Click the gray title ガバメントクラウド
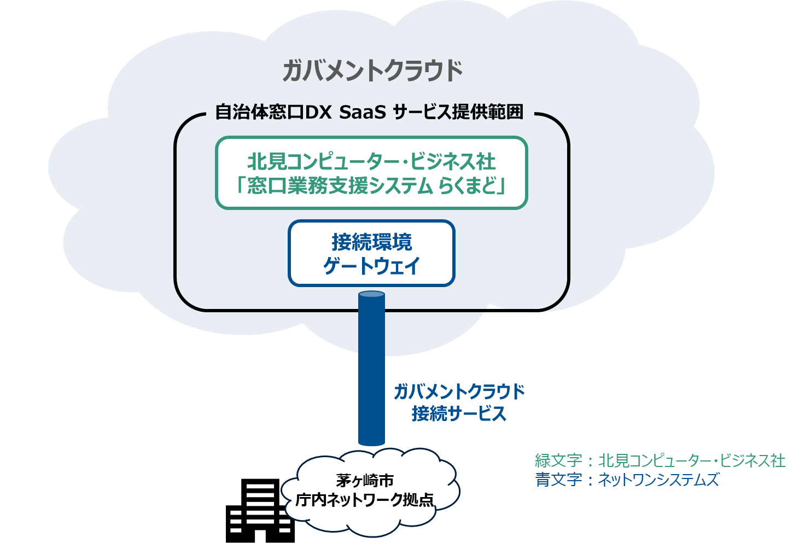pyautogui.click(x=372, y=71)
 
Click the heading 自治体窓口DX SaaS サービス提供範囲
pyautogui.click(x=369, y=112)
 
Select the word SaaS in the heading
pyautogui.click(x=362, y=112)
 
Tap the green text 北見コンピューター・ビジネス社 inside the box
pyautogui.click(x=371, y=162)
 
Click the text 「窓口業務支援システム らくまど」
pyautogui.click(x=371, y=186)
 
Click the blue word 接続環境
pyautogui.click(x=371, y=242)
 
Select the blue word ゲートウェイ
pyautogui.click(x=371, y=266)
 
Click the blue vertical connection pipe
pyautogui.click(x=371, y=372)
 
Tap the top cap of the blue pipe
pyautogui.click(x=371, y=294)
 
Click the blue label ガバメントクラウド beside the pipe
pyautogui.click(x=459, y=392)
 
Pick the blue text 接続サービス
pyautogui.click(x=459, y=413)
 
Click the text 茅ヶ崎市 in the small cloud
pyautogui.click(x=365, y=481)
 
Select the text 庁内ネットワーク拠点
pyautogui.click(x=365, y=499)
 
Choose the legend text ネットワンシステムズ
pyautogui.click(x=658, y=480)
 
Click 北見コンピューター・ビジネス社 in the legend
pyautogui.click(x=692, y=460)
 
